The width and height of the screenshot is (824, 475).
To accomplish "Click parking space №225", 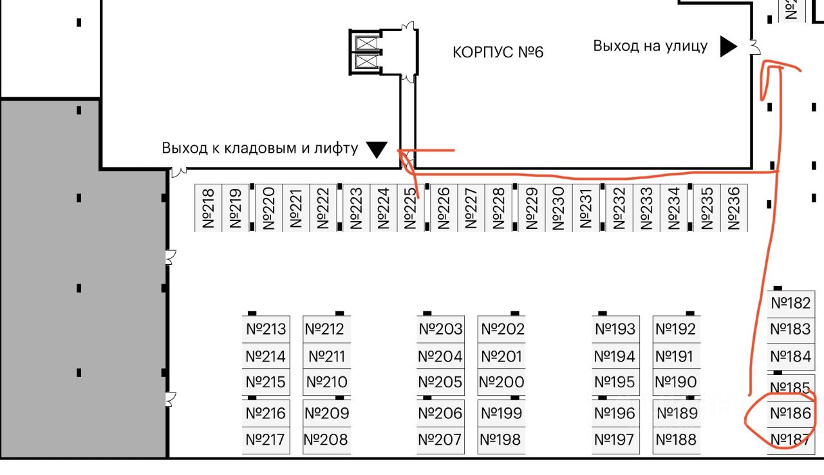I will coord(411,208).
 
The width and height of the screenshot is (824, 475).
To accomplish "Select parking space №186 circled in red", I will coord(791,413).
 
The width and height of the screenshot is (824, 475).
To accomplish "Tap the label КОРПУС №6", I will coord(498,52).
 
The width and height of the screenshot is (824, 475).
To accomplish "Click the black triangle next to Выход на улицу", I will coord(728,46).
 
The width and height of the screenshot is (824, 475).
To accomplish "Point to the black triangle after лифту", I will coord(377,150).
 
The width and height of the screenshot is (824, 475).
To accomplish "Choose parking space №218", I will coord(208,208).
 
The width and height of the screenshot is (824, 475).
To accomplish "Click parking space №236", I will coord(733,208).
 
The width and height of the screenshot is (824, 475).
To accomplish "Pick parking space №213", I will coord(266,329).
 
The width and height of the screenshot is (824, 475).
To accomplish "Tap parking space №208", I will coord(326,440).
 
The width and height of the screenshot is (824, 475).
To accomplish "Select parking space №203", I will coord(440,329).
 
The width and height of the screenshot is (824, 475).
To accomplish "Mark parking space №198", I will coord(501,440).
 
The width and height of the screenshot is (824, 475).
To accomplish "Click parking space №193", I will coord(615,329).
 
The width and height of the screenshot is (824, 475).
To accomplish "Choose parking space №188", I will coord(676,440).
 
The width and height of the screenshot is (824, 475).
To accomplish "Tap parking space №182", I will coord(791,303).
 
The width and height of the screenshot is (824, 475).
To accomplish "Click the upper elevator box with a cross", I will coord(365,43).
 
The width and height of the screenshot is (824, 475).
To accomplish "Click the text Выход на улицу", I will coord(650,46).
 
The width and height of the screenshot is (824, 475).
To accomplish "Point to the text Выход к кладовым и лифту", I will coord(260,148).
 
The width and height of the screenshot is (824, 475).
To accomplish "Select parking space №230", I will coord(558,208).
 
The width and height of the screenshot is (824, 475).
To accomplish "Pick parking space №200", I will coord(501,382).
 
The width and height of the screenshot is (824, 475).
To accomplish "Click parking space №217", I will coord(265,440).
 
